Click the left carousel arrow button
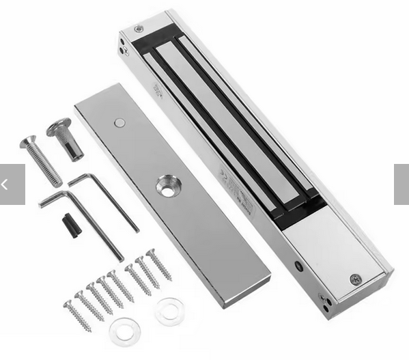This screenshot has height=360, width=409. pyautogui.click(x=12, y=184)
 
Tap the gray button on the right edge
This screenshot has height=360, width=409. pyautogui.click(x=401, y=184)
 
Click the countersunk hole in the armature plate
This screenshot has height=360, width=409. pyautogui.click(x=167, y=185)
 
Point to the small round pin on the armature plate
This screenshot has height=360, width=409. pyautogui.click(x=120, y=123)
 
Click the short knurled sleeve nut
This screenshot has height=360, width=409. pyautogui.click(x=66, y=139)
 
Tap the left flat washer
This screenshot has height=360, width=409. pyautogui.click(x=125, y=331)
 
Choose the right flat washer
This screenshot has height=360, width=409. pyautogui.click(x=168, y=311)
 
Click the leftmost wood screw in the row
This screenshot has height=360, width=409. pyautogui.click(x=77, y=316)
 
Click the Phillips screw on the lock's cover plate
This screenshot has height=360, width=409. pyautogui.click(x=355, y=279)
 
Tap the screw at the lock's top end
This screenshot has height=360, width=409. pyautogui.click(x=139, y=29)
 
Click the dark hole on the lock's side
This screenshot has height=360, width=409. pyautogui.click(x=299, y=266)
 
